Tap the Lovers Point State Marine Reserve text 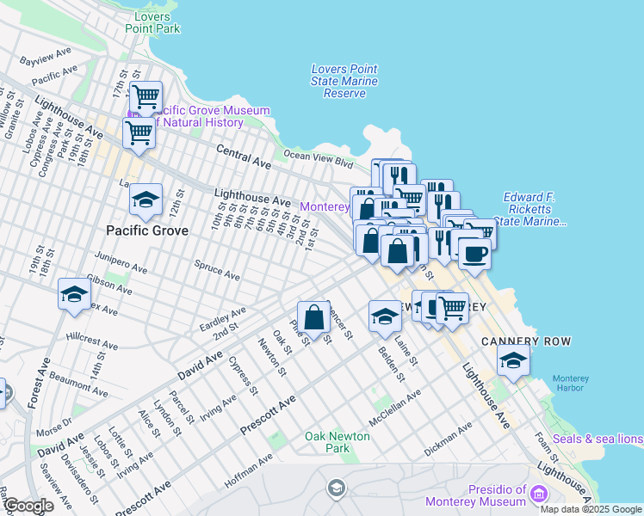[x=344, y=81]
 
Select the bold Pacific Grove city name [x=146, y=230]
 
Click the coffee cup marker [x=474, y=255]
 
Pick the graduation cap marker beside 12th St [x=146, y=200]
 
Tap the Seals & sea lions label [x=598, y=439]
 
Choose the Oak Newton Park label [x=338, y=442]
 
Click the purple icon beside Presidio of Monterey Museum [x=539, y=494]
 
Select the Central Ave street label [x=245, y=155]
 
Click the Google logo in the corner [x=28, y=506]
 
